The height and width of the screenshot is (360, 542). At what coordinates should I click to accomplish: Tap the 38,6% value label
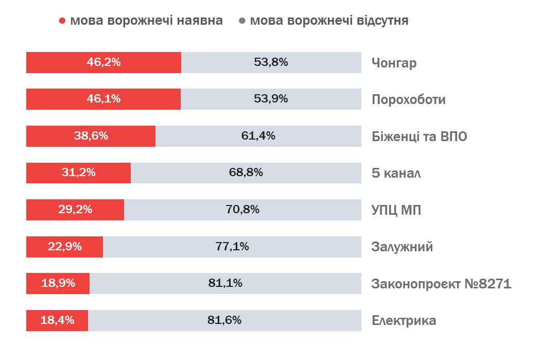[x=91, y=136]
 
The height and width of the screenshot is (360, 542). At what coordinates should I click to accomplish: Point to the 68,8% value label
[x=246, y=173]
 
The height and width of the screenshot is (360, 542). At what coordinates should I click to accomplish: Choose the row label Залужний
[x=402, y=247]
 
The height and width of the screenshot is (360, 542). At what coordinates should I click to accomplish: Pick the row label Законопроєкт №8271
[x=441, y=284]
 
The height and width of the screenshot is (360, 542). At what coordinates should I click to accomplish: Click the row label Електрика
[x=404, y=321]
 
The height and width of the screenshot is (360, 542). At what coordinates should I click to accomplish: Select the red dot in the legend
[x=62, y=21]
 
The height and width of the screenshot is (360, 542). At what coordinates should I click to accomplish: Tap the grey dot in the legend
[x=242, y=21]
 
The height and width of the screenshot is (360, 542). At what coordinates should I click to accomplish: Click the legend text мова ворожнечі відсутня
[x=329, y=21]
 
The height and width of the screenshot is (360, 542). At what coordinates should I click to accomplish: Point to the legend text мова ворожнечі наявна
[x=147, y=21]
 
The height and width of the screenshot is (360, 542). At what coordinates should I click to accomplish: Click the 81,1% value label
[x=225, y=283]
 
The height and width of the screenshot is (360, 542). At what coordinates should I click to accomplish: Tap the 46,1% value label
[x=103, y=99]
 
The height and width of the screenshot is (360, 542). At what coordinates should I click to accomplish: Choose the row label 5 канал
[x=396, y=173]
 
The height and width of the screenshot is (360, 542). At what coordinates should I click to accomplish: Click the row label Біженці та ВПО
[x=419, y=136]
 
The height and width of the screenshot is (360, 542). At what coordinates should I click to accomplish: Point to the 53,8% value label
[x=271, y=62]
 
